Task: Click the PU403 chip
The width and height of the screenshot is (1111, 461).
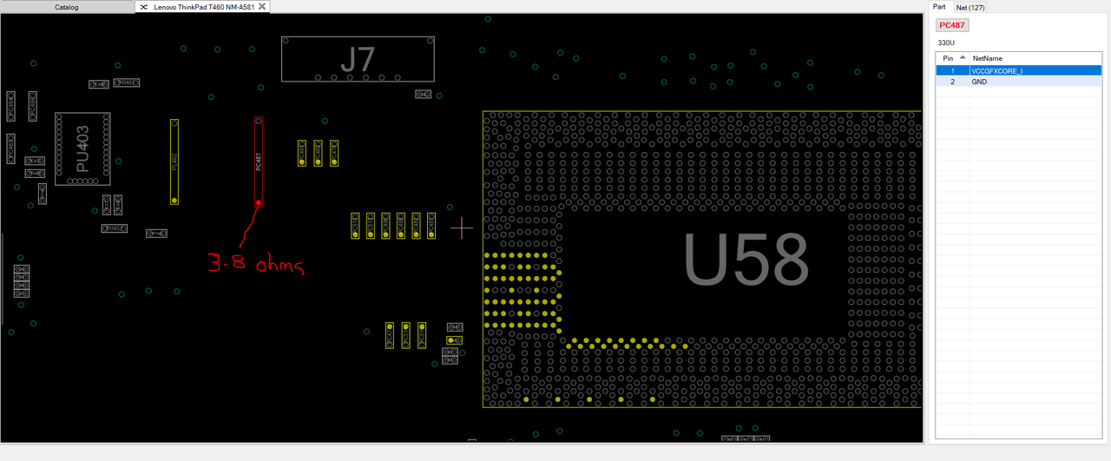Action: [82, 148]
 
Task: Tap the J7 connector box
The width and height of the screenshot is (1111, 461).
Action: [358, 59]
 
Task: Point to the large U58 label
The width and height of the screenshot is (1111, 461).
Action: [746, 260]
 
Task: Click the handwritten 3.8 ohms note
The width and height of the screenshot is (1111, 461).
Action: [255, 263]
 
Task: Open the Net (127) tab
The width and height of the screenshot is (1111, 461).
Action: [970, 7]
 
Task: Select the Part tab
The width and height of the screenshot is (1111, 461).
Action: [939, 7]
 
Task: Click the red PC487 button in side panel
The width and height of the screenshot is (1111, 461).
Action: [952, 25]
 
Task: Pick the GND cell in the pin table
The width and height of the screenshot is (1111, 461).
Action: [980, 82]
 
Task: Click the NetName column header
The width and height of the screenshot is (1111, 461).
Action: [988, 58]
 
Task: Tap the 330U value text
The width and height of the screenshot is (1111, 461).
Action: [946, 43]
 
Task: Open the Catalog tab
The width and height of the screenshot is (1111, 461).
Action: [67, 7]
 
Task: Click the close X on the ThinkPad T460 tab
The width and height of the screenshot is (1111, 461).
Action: [262, 7]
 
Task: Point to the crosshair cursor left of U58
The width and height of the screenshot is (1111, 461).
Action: [462, 228]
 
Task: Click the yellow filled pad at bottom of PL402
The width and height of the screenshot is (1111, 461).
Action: [174, 200]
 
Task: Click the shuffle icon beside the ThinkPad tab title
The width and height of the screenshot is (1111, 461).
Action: [144, 7]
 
